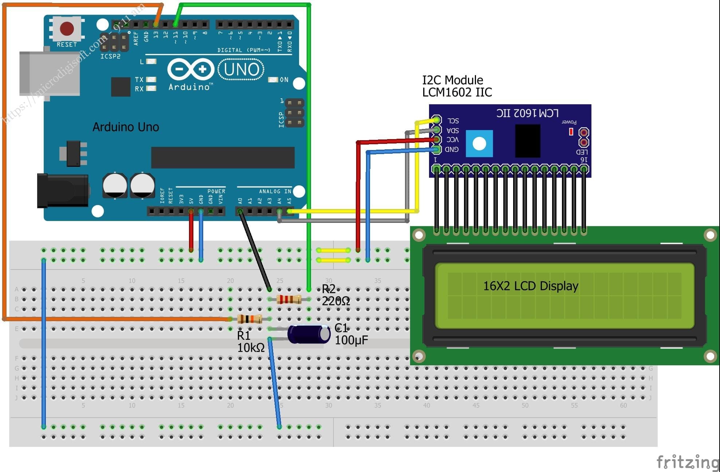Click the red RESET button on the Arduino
(67, 29)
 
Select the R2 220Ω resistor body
(289, 299)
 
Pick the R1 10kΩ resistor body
(249, 319)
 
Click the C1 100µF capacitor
(309, 334)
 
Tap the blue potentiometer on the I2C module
(479, 143)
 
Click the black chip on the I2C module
(528, 141)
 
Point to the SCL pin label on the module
(453, 121)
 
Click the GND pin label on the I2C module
(452, 149)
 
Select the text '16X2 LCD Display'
(530, 286)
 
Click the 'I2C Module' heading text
(452, 80)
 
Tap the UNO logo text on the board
(241, 69)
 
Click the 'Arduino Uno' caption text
(126, 127)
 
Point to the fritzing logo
(687, 462)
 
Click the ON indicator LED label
(284, 80)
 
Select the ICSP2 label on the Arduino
(110, 56)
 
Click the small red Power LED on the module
(571, 131)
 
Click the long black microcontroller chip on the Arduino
(223, 157)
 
